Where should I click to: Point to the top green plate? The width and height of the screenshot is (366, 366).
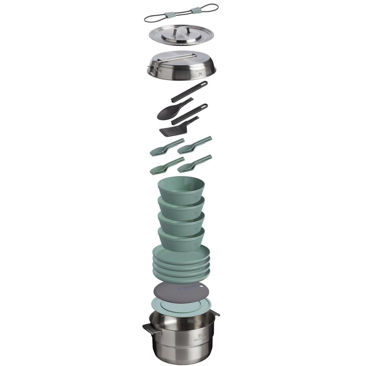coord(181,255)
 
